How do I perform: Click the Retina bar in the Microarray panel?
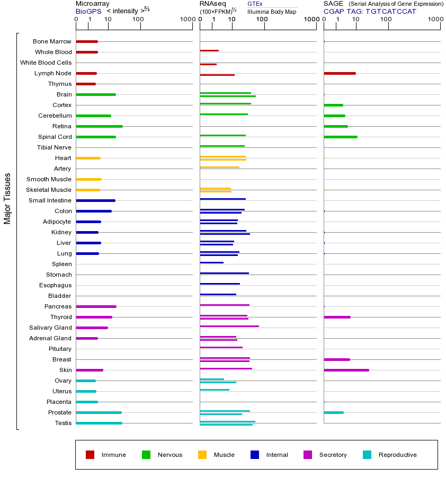pos(99,126)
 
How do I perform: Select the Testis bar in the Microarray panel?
pos(99,423)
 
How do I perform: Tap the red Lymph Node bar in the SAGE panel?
pos(340,73)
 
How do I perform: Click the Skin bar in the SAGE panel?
pos(346,370)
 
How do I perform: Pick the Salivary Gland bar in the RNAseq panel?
pos(229,326)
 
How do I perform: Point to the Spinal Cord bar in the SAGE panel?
pos(341,137)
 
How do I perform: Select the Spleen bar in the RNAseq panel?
pos(212,262)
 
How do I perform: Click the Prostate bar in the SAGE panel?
pos(334,412)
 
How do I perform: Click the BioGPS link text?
pos(88,11)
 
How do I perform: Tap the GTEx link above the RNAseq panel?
pos(255,4)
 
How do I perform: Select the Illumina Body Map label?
pos(272,11)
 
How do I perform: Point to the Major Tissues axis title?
pos(7,198)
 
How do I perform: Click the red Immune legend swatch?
pos(90,455)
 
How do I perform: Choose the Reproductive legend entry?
pos(397,455)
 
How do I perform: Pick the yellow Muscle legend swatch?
pos(202,455)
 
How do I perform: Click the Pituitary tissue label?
pos(59,349)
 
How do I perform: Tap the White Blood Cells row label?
pos(46,63)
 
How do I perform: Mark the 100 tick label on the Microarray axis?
pos(138,20)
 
